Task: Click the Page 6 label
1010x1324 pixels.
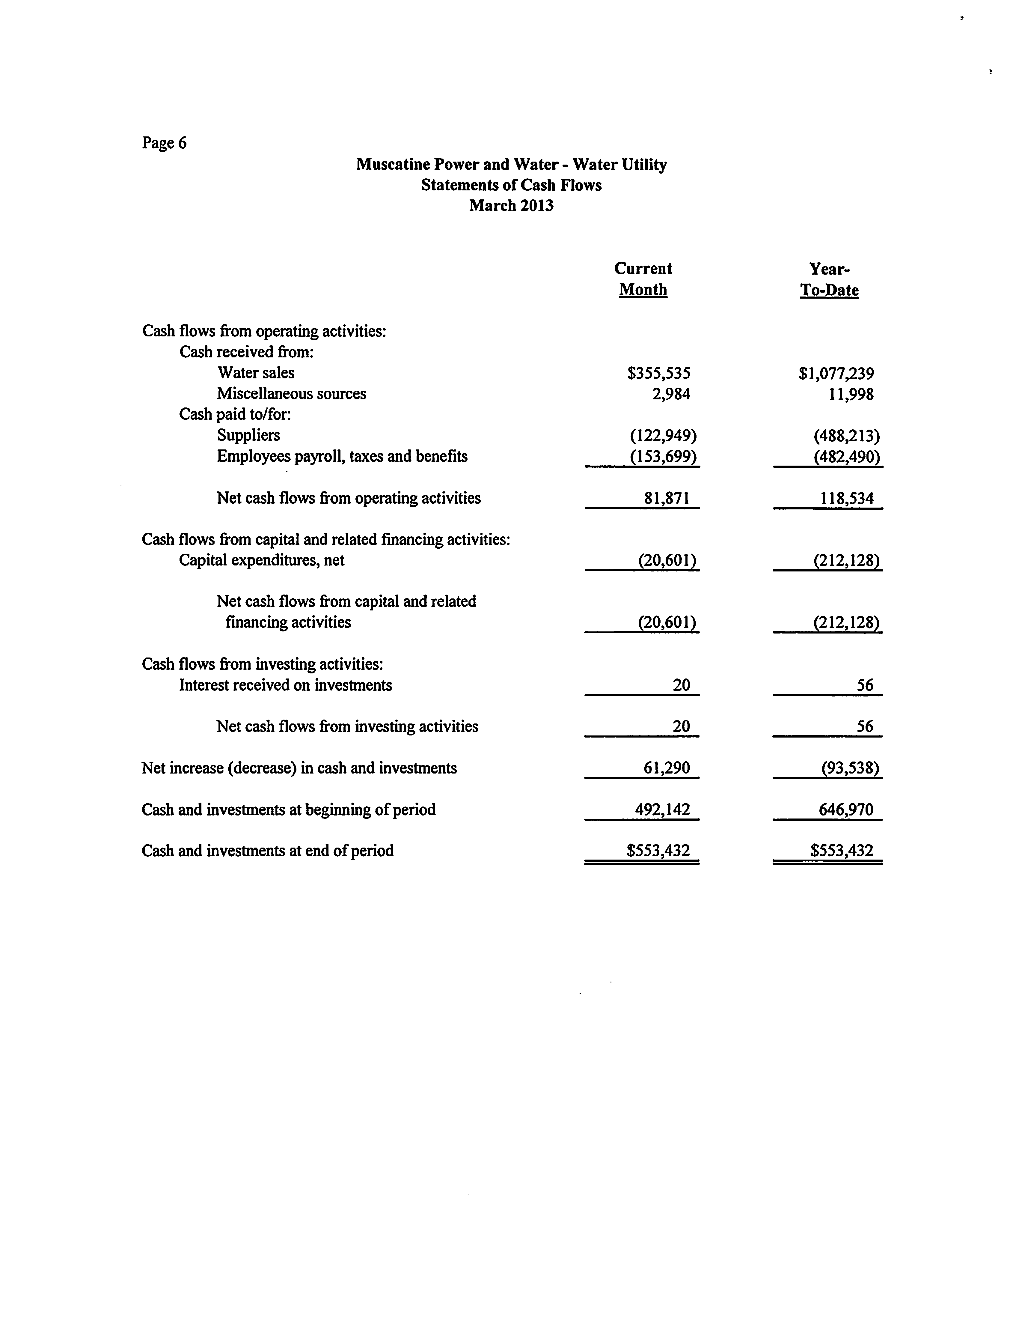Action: coord(164,143)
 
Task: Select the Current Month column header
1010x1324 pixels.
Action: coord(643,279)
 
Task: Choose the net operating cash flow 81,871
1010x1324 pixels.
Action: coord(667,499)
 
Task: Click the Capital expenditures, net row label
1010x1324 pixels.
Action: coord(262,560)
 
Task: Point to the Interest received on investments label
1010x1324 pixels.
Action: coord(286,685)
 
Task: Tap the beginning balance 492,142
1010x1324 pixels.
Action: coord(663,810)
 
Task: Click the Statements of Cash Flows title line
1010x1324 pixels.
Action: coord(511,185)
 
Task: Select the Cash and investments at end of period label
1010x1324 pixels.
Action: coord(268,851)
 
